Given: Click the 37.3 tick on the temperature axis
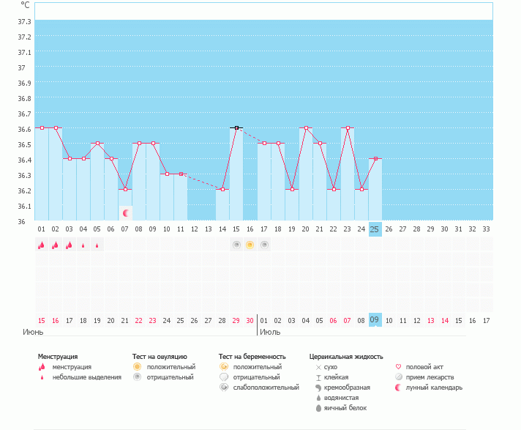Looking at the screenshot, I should pyautogui.click(x=24, y=21).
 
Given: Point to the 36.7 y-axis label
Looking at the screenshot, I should pyautogui.click(x=24, y=114).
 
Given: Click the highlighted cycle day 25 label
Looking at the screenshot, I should pyautogui.click(x=375, y=229).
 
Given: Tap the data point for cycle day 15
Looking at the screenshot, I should pyautogui.click(x=236, y=128).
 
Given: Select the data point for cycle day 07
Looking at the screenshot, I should pyautogui.click(x=125, y=190).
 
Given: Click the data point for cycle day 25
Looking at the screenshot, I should pyautogui.click(x=375, y=159).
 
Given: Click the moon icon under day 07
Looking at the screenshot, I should pyautogui.click(x=126, y=213).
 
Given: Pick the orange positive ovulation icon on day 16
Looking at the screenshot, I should pyautogui.click(x=250, y=245).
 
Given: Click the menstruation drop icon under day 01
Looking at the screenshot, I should pyautogui.click(x=42, y=245).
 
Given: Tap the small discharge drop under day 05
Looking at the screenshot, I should pyautogui.click(x=97, y=245).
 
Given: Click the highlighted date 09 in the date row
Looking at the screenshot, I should pyautogui.click(x=375, y=320).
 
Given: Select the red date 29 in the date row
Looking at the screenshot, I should pyautogui.click(x=236, y=320).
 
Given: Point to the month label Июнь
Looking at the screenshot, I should pyautogui.click(x=34, y=332).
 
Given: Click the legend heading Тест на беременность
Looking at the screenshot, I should pyautogui.click(x=252, y=357).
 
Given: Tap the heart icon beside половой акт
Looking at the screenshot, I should pyautogui.click(x=398, y=367).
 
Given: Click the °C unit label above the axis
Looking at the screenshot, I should pyautogui.click(x=26, y=4).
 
